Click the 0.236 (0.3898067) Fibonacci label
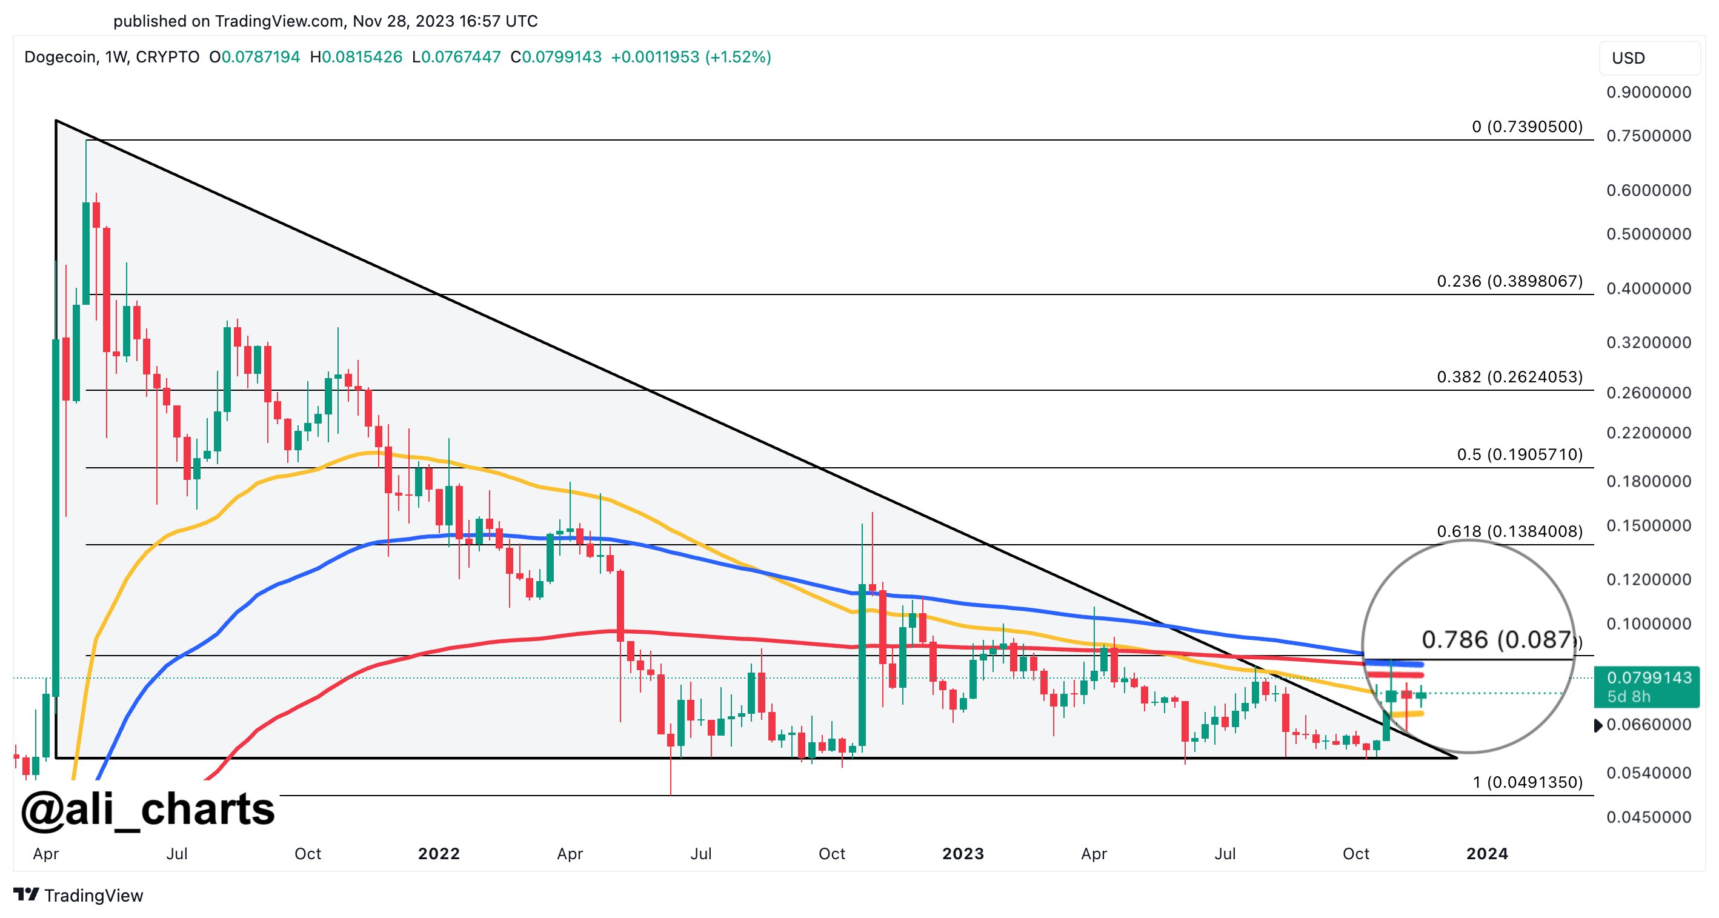point(1509,281)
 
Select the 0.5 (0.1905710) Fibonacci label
point(1519,454)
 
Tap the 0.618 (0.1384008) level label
point(1509,531)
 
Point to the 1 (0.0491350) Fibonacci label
point(1527,782)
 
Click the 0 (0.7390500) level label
point(1527,127)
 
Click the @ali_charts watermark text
point(147,810)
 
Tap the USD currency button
point(1628,58)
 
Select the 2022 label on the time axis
point(439,854)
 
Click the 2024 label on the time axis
point(1487,854)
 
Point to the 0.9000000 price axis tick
point(1648,92)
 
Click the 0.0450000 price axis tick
point(1648,817)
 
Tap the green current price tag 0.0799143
point(1648,678)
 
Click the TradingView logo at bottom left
point(78,896)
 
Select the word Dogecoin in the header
point(60,58)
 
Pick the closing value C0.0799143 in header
point(556,58)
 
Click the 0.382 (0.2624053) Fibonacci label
point(1509,377)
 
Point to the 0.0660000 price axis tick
point(1648,725)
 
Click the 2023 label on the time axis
point(962,854)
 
